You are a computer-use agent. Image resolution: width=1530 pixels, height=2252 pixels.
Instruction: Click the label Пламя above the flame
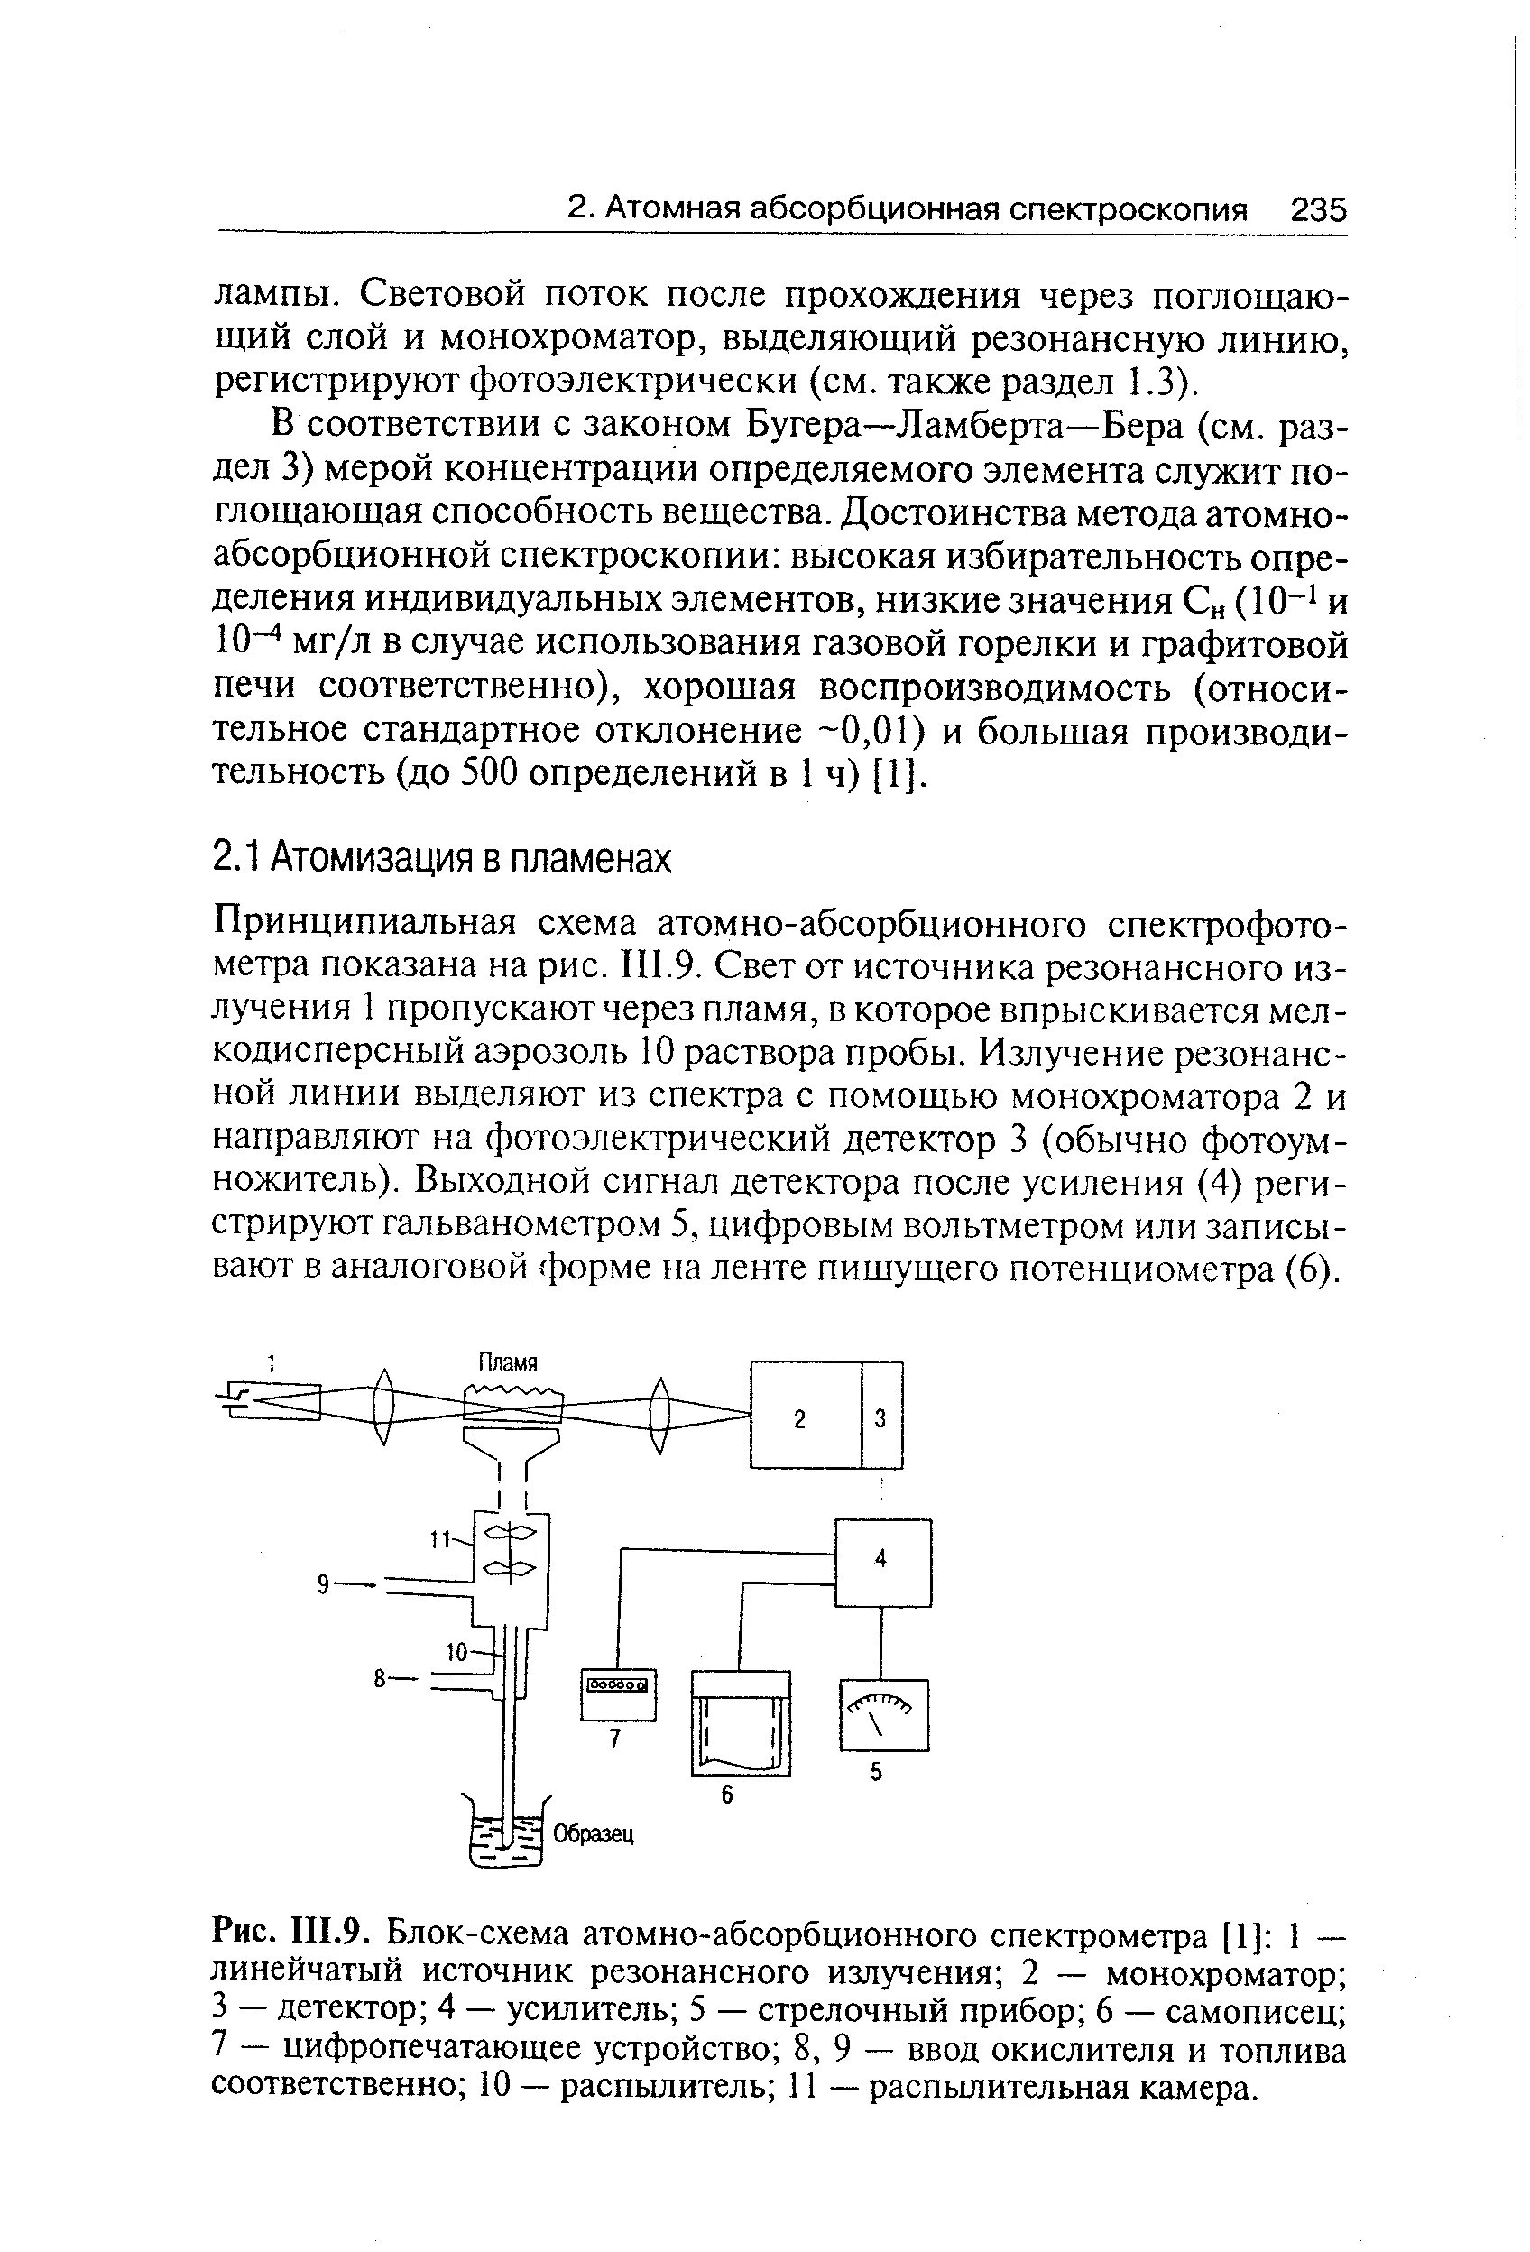click(x=509, y=1363)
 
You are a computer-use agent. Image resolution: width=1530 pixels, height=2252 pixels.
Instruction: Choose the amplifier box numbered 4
click(x=881, y=1561)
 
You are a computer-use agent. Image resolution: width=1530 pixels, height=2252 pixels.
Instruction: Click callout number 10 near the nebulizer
click(x=456, y=1651)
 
